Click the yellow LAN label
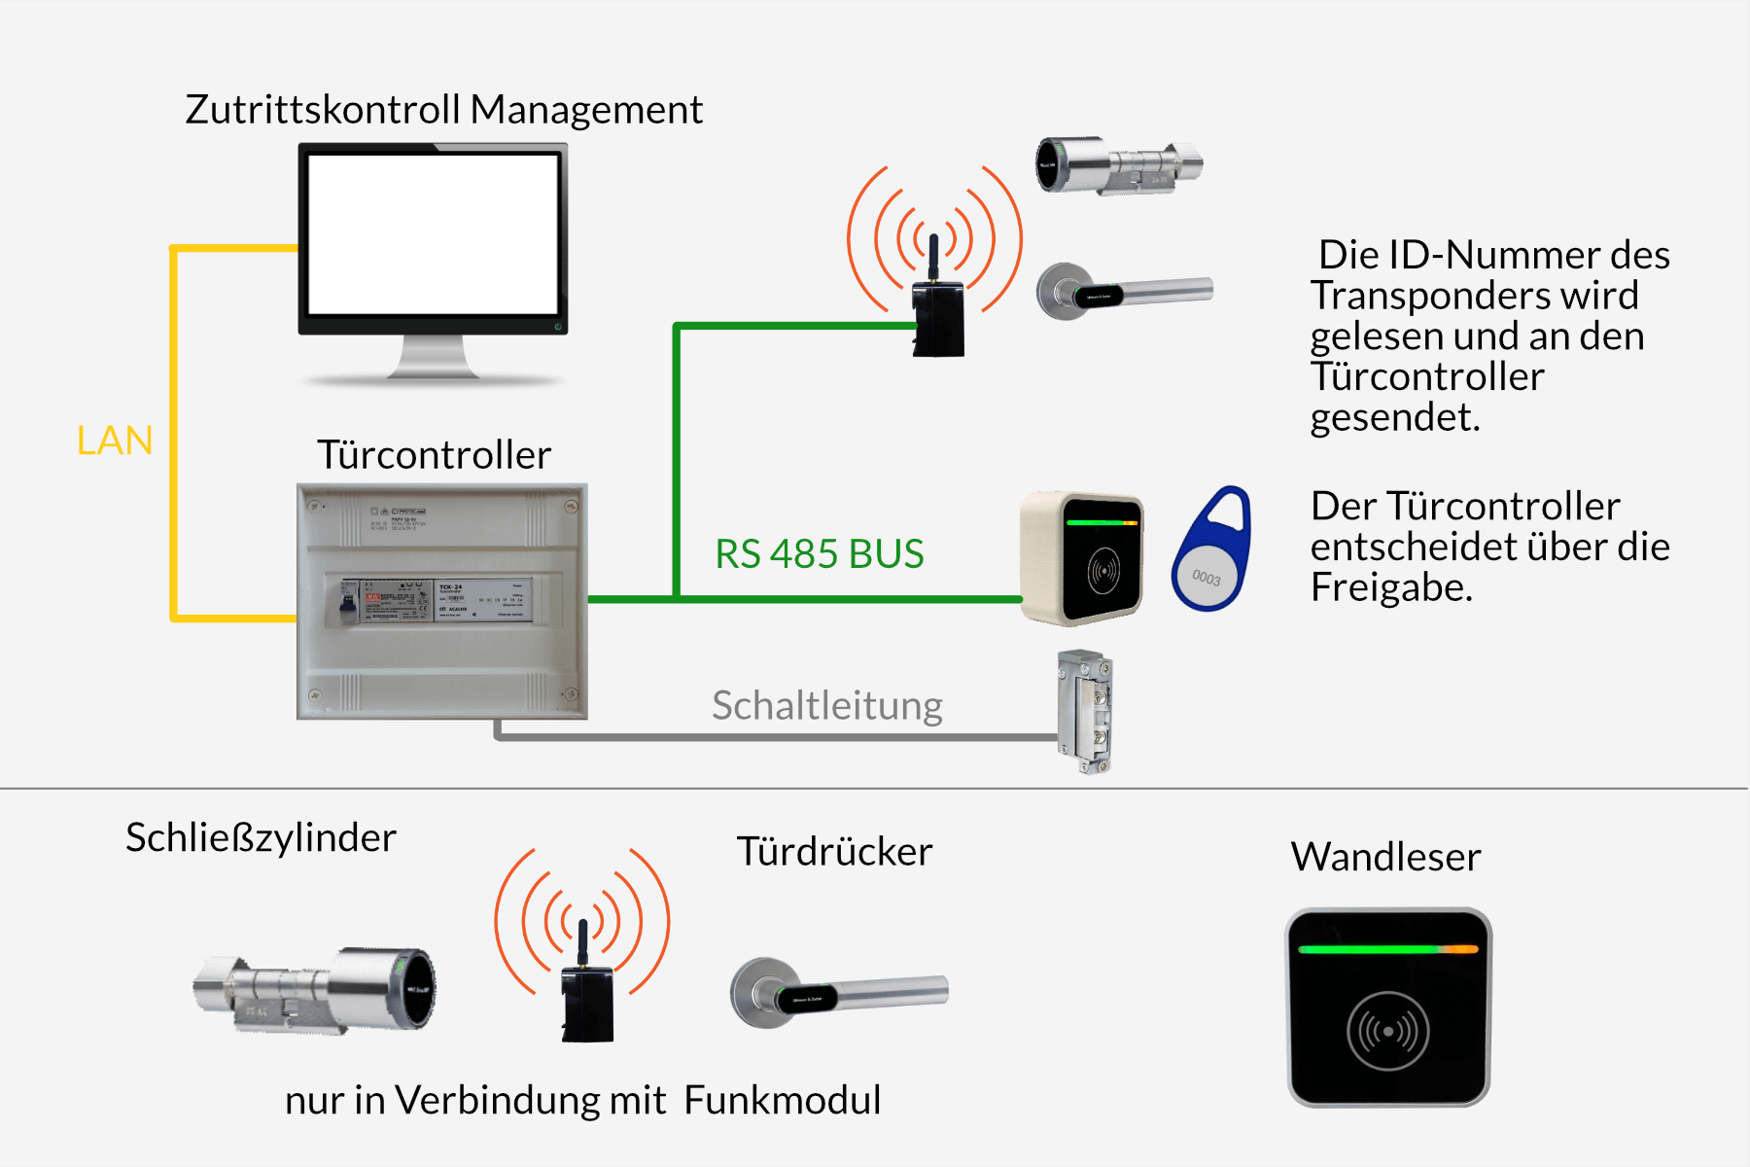pyautogui.click(x=115, y=441)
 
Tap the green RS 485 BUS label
pyautogui.click(x=819, y=554)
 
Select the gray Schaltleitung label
pyautogui.click(x=826, y=706)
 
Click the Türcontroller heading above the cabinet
pyautogui.click(x=434, y=455)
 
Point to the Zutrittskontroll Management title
pyautogui.click(x=443, y=110)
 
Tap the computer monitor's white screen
pyautogui.click(x=433, y=233)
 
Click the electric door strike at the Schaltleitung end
pyautogui.click(x=1085, y=711)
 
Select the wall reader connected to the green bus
pyautogui.click(x=1081, y=558)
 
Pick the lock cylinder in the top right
pyautogui.click(x=1118, y=164)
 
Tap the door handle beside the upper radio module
pyautogui.click(x=1123, y=290)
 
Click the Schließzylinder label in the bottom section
pyautogui.click(x=261, y=838)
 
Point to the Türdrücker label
pyautogui.click(x=834, y=852)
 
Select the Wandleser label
pyautogui.click(x=1385, y=858)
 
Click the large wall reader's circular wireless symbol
pyautogui.click(x=1387, y=1031)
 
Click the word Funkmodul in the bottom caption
pyautogui.click(x=782, y=1101)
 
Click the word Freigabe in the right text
pyautogui.click(x=1390, y=587)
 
